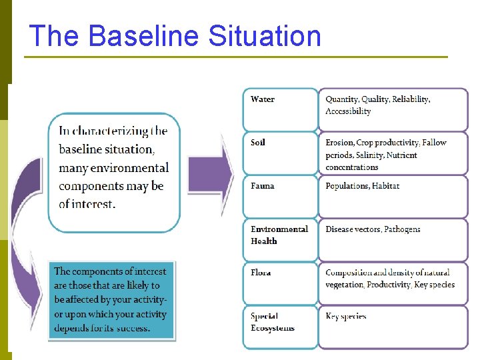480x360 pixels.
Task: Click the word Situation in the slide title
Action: (x=265, y=36)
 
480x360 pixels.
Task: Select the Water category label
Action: (x=263, y=99)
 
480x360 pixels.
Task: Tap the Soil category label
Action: (x=258, y=143)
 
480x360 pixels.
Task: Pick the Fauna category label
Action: (x=263, y=186)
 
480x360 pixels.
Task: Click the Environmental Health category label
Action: (x=279, y=235)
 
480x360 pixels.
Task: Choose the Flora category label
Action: (x=261, y=273)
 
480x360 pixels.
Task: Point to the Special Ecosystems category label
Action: (x=273, y=321)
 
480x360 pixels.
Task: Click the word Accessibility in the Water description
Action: (x=348, y=111)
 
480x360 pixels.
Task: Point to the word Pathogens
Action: (x=402, y=229)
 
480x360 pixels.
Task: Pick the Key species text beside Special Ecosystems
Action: (x=346, y=316)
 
